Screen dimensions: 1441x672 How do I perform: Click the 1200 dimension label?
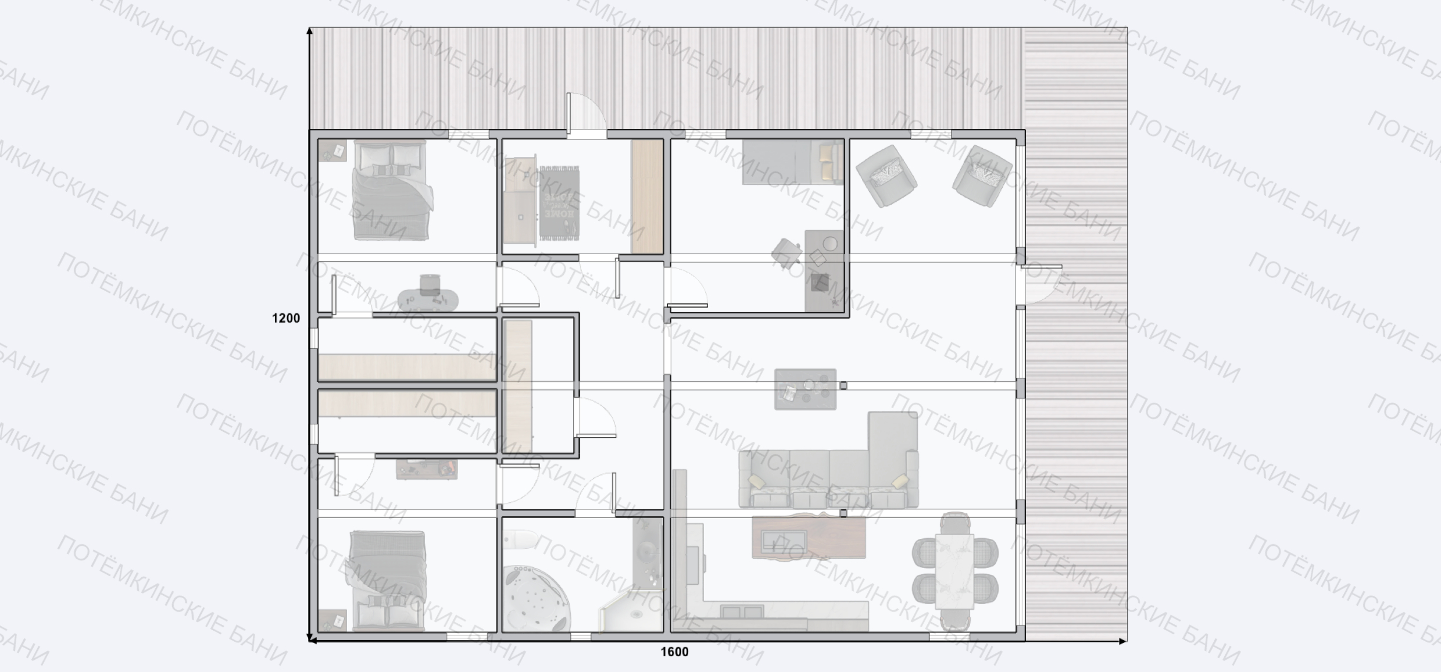(x=286, y=318)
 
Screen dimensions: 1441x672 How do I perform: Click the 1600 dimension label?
(x=674, y=652)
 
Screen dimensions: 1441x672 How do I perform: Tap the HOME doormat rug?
(x=559, y=203)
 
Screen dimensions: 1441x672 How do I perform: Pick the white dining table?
(x=954, y=571)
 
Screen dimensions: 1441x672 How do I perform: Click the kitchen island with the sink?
(x=809, y=538)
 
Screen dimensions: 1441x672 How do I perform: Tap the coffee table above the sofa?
(x=805, y=389)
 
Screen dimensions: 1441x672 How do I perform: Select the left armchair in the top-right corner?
(x=886, y=176)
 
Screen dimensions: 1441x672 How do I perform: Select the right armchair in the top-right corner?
(x=982, y=176)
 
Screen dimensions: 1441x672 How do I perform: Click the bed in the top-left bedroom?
(x=393, y=190)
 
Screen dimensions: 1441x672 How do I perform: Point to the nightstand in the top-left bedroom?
(x=332, y=152)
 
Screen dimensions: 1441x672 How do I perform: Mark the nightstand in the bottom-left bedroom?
(x=332, y=620)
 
